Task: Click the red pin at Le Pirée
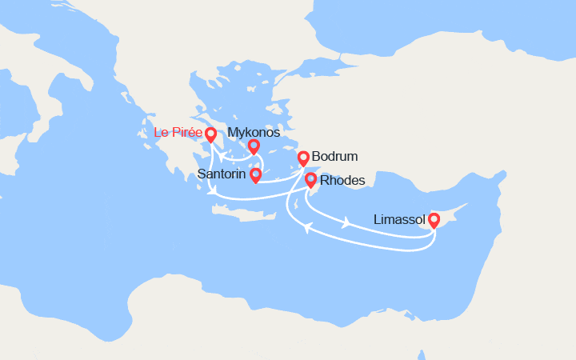(211, 134)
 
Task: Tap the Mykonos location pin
(254, 145)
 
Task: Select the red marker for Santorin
(255, 174)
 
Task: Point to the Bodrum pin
(303, 157)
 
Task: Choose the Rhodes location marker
(310, 179)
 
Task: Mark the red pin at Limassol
(434, 218)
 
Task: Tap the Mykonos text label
(254, 132)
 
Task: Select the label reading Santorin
(222, 174)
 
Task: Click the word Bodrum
(336, 157)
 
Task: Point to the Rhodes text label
(342, 181)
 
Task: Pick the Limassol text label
(399, 218)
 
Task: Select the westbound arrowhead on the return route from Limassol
(306, 230)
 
